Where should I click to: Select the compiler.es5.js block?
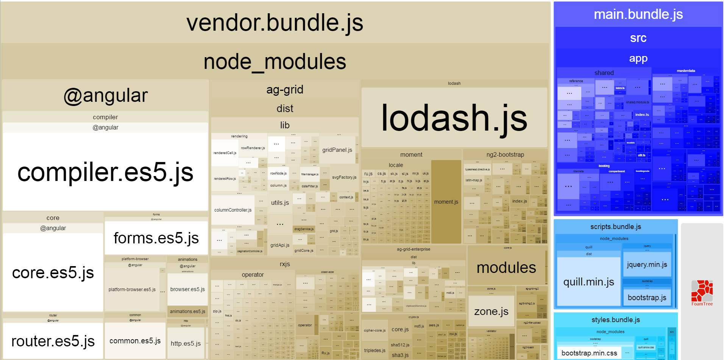point(105,172)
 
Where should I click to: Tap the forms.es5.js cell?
point(156,238)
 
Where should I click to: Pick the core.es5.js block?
point(53,273)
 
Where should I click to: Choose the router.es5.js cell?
point(53,341)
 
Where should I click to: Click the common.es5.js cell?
point(135,341)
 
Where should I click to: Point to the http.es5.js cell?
point(186,343)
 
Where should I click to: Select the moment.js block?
point(446,202)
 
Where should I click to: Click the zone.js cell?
point(491,311)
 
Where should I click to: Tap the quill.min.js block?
point(588,282)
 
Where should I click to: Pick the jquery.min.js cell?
point(647,264)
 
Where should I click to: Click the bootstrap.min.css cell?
point(589,353)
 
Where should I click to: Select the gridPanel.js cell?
point(337,150)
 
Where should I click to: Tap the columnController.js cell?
point(233,210)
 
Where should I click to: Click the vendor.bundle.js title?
point(275,22)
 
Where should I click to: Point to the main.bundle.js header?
point(638,14)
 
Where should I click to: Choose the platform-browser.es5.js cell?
point(132,290)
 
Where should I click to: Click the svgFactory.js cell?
point(344,177)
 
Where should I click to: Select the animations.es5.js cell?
point(187,312)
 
